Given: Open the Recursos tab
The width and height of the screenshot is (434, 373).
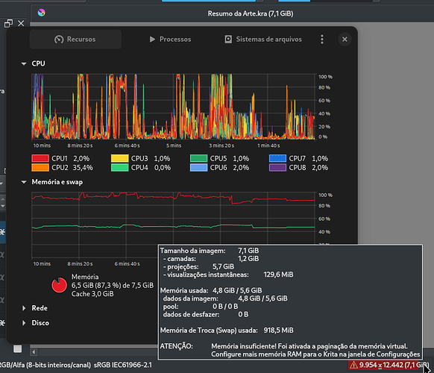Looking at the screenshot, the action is (x=75, y=40).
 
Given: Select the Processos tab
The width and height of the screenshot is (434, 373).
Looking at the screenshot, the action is (x=170, y=40).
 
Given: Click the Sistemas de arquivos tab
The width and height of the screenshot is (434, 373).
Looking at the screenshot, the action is (x=263, y=40).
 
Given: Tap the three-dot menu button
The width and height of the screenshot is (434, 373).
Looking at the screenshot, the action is (x=322, y=40).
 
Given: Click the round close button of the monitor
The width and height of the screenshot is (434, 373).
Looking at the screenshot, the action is (x=345, y=40).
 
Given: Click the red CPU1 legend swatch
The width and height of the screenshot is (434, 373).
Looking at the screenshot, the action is (x=40, y=158).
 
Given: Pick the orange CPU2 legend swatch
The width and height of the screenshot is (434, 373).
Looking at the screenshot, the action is (x=40, y=168).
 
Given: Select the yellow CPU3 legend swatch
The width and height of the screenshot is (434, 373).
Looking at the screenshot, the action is (x=119, y=158).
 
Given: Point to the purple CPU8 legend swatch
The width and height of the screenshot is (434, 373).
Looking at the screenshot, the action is (x=277, y=168).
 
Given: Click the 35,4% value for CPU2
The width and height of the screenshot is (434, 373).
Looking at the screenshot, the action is (x=83, y=168).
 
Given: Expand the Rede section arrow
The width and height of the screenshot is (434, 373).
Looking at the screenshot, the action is (x=24, y=308).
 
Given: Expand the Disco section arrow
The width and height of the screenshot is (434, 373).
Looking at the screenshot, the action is (x=24, y=323).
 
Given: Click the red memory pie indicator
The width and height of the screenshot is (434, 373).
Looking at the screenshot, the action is (x=59, y=285).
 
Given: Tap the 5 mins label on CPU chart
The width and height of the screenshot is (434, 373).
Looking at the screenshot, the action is (x=174, y=145).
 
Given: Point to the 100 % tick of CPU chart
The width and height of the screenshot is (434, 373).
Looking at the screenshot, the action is (x=325, y=77).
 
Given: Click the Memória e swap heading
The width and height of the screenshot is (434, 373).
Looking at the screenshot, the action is (x=57, y=182).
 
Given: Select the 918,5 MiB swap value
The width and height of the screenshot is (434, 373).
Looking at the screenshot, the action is (x=278, y=330).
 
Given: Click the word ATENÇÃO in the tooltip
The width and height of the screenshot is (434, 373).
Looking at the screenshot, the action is (x=176, y=346).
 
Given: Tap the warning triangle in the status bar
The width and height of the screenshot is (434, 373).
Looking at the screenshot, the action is (x=353, y=365).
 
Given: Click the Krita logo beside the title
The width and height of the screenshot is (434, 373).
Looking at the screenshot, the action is (x=42, y=13).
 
